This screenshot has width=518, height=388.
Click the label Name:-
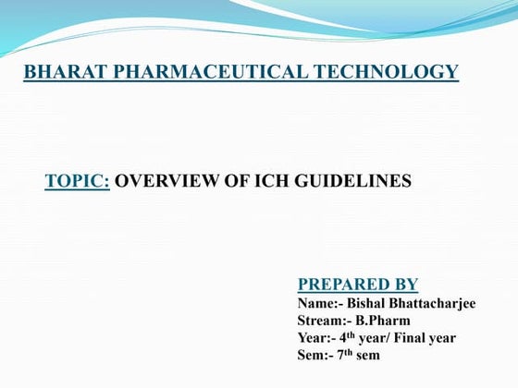pyautogui.click(x=320, y=303)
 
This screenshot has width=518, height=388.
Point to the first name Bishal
pyautogui.click(x=367, y=303)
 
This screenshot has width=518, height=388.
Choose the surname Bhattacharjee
pyautogui.click(x=434, y=303)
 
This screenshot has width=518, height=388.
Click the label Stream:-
pyautogui.click(x=327, y=321)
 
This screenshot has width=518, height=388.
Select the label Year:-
pyautogui.click(x=318, y=338)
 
